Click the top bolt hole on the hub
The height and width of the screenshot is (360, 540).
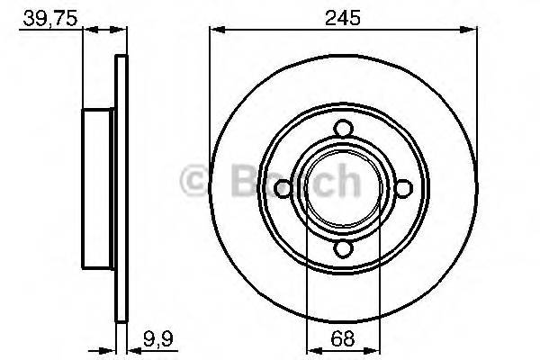point(342,129)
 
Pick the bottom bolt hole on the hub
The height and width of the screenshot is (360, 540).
point(342,247)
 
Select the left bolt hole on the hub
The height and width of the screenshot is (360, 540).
point(282,187)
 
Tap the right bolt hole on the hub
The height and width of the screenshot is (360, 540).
point(401,187)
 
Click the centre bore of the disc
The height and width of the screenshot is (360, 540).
point(342,187)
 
